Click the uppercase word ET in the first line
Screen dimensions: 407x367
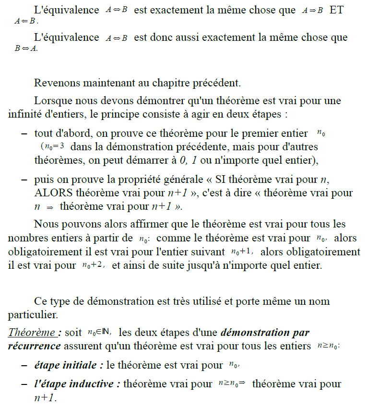pos(336,10)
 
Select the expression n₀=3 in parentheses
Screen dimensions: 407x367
pos(53,146)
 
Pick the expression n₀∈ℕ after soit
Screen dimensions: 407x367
pos(99,332)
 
